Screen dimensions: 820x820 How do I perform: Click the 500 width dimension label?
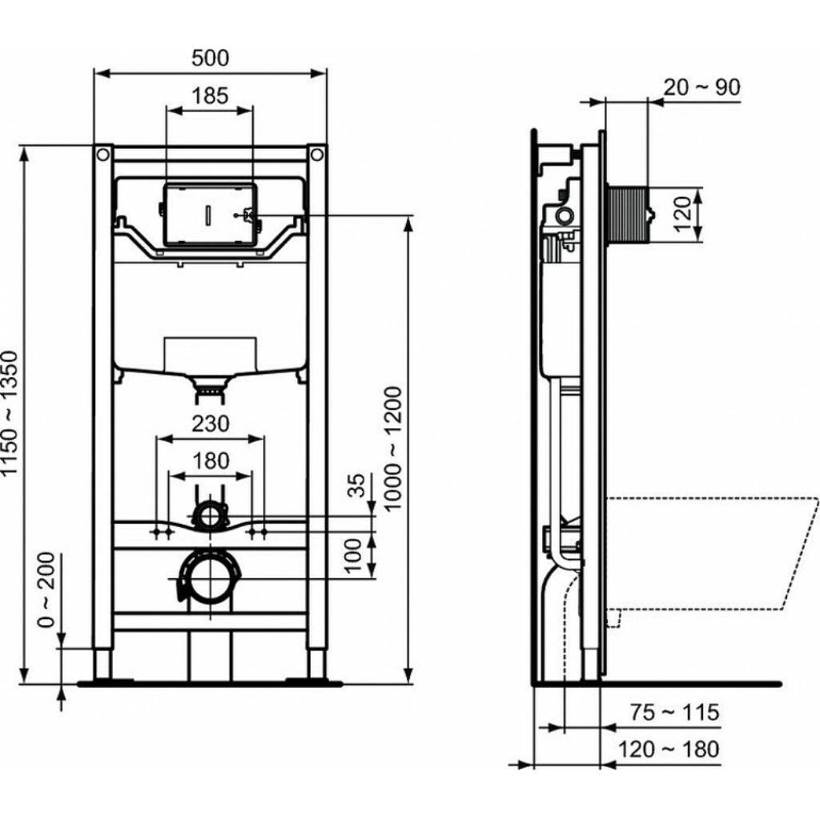211,58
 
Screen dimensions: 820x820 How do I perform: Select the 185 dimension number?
210,96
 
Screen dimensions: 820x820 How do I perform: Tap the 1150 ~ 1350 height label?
10,413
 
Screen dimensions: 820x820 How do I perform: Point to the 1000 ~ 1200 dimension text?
392,448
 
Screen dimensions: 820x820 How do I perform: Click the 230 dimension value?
211,424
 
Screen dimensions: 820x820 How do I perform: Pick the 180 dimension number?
211,461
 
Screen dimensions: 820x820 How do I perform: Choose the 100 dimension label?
354,555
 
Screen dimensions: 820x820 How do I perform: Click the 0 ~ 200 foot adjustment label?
46,590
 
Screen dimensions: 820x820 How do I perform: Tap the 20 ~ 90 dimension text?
701,87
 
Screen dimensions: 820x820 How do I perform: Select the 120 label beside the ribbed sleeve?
682,213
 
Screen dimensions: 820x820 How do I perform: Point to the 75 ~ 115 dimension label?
674,712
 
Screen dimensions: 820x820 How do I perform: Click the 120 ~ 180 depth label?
669,750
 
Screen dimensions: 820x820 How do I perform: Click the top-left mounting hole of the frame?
103,155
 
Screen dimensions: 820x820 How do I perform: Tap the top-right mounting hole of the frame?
317,155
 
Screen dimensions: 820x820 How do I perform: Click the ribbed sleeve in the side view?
628,215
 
